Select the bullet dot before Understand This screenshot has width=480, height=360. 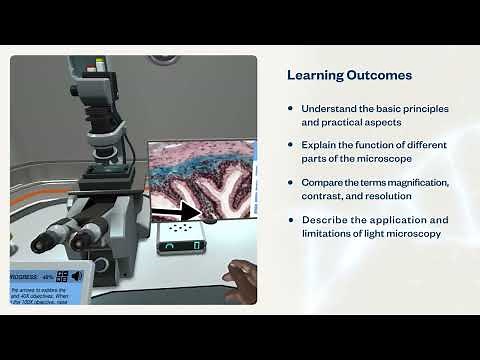click(291, 108)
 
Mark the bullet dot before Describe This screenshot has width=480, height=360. click(291, 220)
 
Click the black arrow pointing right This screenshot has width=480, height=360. click(183, 211)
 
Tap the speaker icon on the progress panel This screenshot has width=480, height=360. click(79, 276)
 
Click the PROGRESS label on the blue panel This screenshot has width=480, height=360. click(23, 276)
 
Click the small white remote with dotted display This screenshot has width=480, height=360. click(183, 233)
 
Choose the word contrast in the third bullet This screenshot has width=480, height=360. click(327, 197)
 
